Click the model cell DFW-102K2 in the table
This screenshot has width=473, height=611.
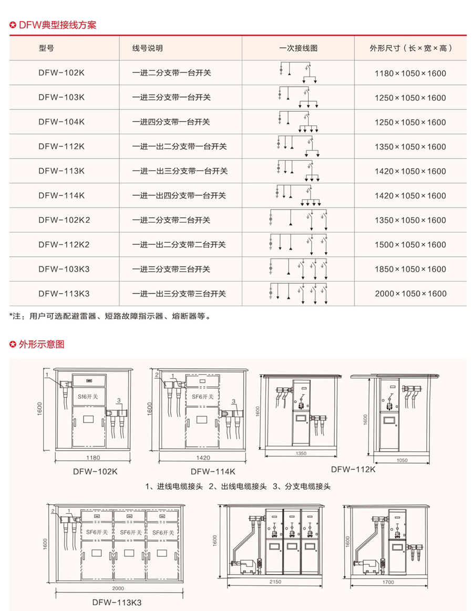click(64, 220)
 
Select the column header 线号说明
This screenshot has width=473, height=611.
click(148, 48)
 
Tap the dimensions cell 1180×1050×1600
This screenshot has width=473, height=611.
click(410, 73)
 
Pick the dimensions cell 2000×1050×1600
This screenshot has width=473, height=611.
click(410, 294)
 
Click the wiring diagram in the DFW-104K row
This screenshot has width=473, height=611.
click(298, 122)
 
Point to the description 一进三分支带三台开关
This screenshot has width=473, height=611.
click(171, 269)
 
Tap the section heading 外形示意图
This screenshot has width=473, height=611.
click(42, 345)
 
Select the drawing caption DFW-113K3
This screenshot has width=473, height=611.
click(117, 602)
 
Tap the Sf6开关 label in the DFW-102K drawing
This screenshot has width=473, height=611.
click(88, 395)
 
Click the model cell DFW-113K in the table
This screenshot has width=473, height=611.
click(61, 171)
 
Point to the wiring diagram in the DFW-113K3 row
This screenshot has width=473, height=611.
click(298, 294)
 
